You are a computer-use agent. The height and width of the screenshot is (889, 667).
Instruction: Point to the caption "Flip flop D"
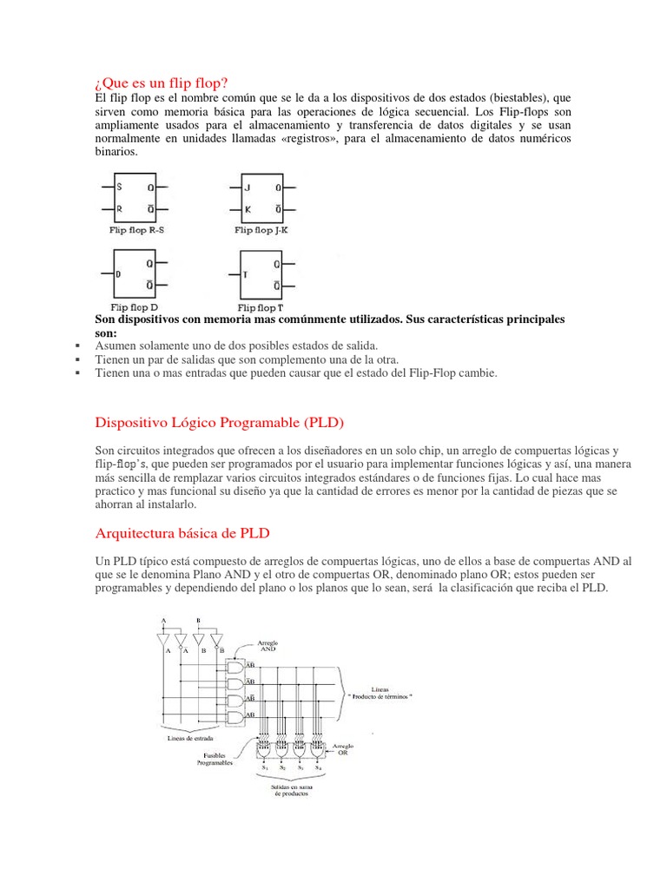pyautogui.click(x=133, y=307)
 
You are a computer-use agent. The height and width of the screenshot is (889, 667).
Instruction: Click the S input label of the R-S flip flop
pyautogui.click(x=120, y=187)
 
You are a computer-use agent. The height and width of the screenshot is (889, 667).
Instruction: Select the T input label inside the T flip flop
pyautogui.click(x=246, y=274)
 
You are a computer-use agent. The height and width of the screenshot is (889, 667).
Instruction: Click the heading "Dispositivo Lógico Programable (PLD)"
pyautogui.click(x=219, y=423)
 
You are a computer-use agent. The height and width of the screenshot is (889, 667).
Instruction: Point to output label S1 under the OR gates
pyautogui.click(x=264, y=768)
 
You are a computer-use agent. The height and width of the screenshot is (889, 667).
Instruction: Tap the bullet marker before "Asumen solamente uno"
pyautogui.click(x=78, y=346)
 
